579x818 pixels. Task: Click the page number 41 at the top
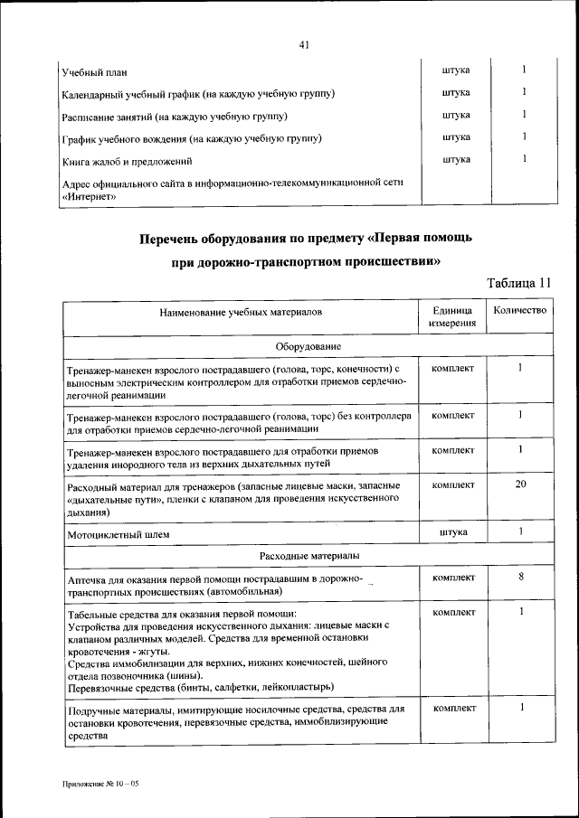click(x=303, y=45)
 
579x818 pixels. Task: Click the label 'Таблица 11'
click(x=518, y=283)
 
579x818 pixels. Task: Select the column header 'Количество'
click(x=520, y=310)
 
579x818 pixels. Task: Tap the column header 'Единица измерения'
click(x=453, y=315)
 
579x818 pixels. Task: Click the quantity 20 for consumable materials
click(x=521, y=484)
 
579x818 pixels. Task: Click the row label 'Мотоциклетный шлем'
click(x=119, y=535)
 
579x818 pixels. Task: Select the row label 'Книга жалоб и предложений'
click(x=128, y=162)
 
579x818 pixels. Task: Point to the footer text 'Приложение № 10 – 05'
click(x=100, y=782)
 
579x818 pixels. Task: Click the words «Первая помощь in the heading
click(x=420, y=239)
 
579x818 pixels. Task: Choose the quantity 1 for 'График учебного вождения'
click(x=525, y=136)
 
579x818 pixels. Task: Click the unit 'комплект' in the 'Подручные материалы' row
click(x=453, y=709)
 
